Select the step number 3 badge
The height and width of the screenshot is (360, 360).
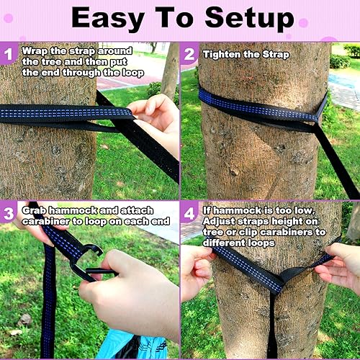[10, 213]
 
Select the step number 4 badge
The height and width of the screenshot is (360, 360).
[190, 213]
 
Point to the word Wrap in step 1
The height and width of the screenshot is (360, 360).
[35, 51]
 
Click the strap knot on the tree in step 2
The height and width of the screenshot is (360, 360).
[314, 115]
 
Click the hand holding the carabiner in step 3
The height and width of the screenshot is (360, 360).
[130, 288]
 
